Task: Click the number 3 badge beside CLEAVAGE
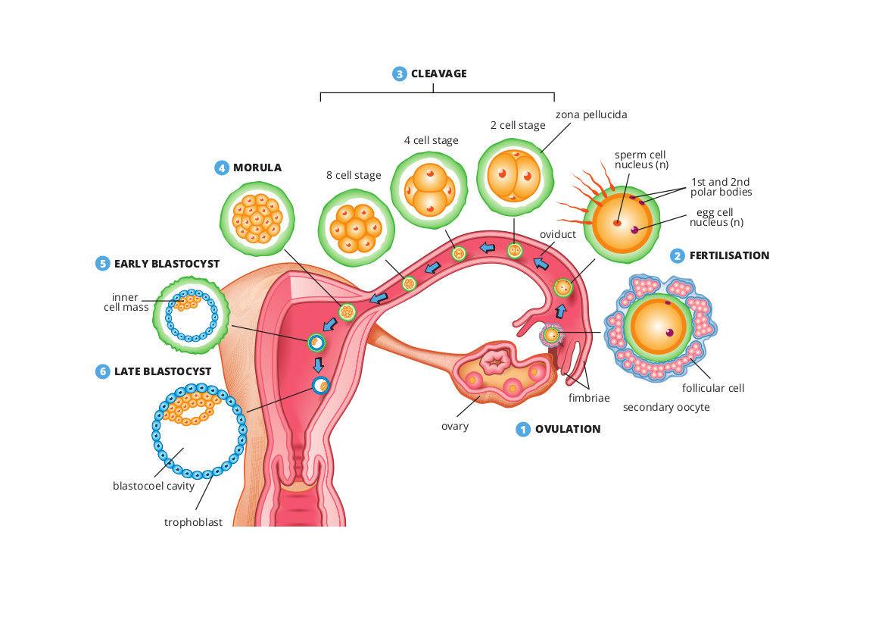coord(400,74)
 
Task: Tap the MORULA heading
coord(257,167)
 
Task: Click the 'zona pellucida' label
coord(591,114)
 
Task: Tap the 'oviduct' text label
coord(558,234)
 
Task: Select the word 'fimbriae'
coord(589,397)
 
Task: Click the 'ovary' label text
coord(455,425)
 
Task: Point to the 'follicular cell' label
coord(713,388)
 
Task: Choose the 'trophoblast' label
coord(193,522)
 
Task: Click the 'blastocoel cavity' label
coord(154,486)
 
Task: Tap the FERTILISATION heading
coord(729,255)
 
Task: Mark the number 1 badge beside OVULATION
coord(522,429)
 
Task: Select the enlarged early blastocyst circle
coord(192,315)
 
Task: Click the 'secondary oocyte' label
coord(666,407)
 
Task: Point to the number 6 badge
coord(103,371)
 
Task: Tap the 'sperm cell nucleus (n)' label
coord(640,160)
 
